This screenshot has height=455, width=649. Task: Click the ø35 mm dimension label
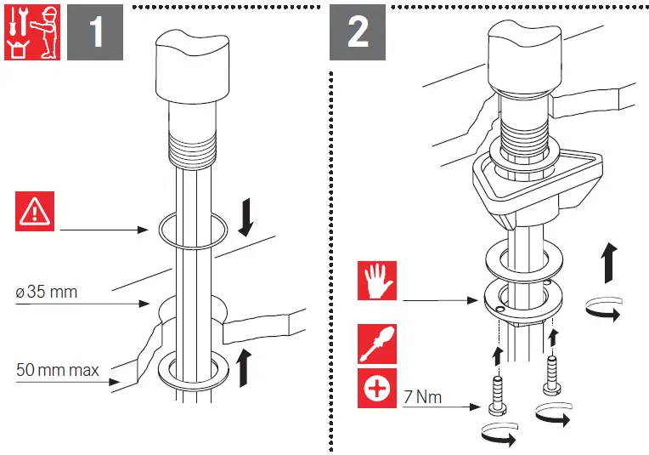click(x=47, y=293)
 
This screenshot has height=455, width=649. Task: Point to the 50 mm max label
click(x=57, y=370)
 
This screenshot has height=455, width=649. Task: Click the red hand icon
click(x=377, y=282)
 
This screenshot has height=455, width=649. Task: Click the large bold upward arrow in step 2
click(x=608, y=260)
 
